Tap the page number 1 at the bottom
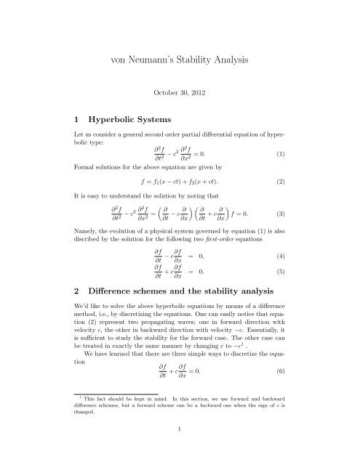coord(180,450)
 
